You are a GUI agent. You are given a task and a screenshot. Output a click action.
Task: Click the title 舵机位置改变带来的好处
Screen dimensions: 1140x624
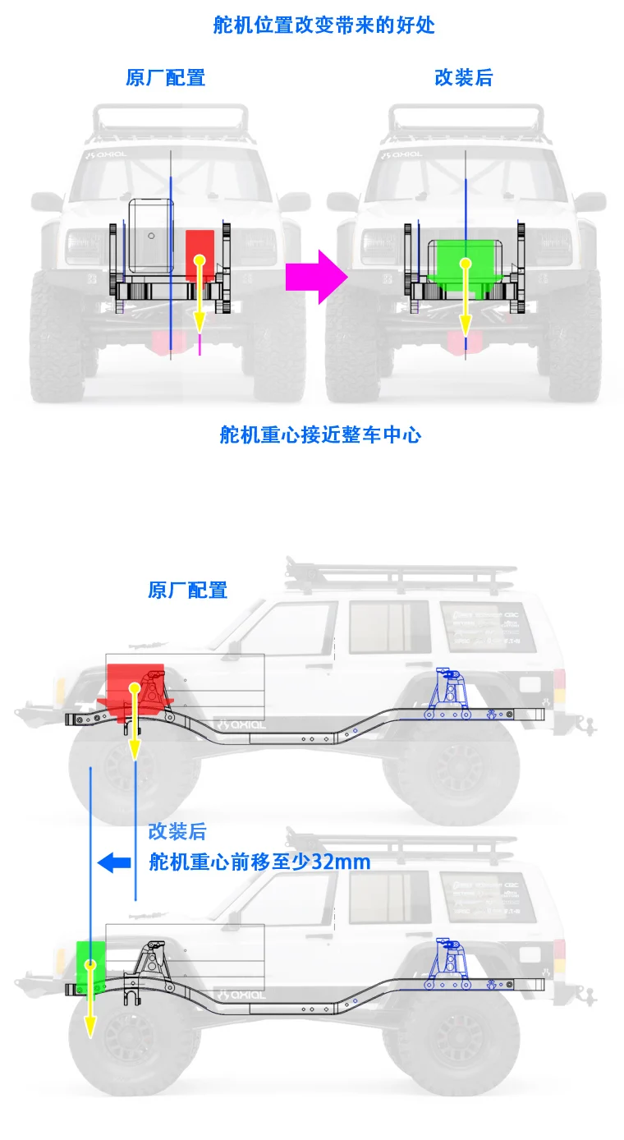point(323,25)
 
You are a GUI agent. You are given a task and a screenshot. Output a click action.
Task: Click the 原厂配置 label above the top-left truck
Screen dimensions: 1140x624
point(165,78)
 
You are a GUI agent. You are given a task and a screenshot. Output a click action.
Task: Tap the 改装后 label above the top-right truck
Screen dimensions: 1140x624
point(463,78)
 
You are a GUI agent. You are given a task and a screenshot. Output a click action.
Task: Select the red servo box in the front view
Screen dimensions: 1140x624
point(200,255)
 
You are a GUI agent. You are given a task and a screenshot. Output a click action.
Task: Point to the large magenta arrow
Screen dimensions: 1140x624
point(317,276)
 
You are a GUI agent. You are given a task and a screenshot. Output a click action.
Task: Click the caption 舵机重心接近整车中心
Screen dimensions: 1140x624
point(320,434)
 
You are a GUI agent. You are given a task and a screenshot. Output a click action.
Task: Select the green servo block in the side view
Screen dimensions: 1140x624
point(91,964)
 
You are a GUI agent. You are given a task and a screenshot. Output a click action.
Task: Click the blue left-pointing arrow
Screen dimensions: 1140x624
point(114,862)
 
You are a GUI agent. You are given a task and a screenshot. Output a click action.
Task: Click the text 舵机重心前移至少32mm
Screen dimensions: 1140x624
point(259,862)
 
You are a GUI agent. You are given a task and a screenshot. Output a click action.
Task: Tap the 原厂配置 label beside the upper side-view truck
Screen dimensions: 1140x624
point(187,590)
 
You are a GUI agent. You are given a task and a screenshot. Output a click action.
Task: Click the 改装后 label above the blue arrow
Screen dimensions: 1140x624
point(177,831)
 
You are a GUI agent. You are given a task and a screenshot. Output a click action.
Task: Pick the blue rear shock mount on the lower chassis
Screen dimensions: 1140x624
point(448,963)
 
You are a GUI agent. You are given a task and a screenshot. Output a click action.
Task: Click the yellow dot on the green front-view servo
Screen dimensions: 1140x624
point(465,264)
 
